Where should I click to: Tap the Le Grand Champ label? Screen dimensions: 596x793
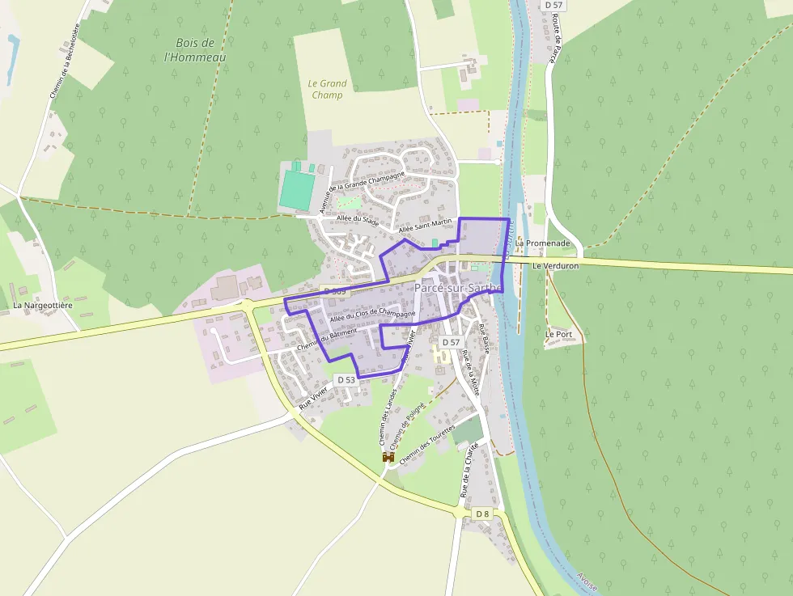tap(327, 89)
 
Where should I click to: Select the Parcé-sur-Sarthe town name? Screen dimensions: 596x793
tap(458, 288)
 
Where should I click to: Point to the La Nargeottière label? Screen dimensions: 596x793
tap(43, 306)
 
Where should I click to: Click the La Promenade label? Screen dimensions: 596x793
tap(542, 243)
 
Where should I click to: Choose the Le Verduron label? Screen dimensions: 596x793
tap(556, 266)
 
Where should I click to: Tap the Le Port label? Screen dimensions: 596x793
tap(558, 333)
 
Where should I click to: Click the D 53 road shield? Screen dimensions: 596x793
tap(346, 379)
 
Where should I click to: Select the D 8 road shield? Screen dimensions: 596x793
tap(482, 514)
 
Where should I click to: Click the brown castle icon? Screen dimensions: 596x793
tap(388, 457)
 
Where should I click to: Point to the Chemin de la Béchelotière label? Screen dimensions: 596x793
tap(65, 61)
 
